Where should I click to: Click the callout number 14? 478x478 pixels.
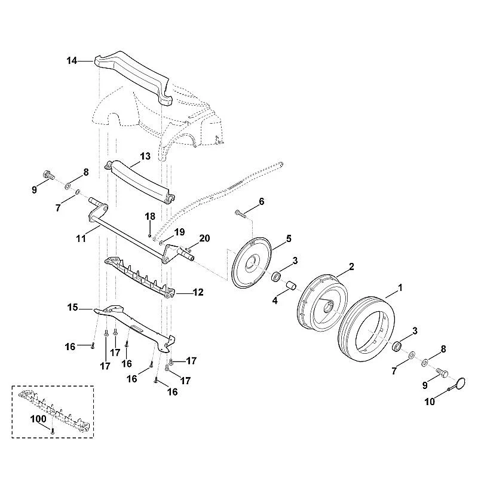[72, 61]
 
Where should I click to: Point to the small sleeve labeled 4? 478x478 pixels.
[290, 286]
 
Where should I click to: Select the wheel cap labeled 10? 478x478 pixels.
[459, 384]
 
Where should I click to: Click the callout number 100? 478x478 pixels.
[38, 419]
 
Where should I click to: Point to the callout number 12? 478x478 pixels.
[198, 292]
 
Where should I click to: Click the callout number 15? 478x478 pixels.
[72, 307]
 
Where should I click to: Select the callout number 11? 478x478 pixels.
[81, 238]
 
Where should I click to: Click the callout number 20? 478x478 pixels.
[204, 238]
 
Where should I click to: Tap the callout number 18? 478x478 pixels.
[150, 216]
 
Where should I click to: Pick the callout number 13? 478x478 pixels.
[145, 156]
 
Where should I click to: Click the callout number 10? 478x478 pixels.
[430, 402]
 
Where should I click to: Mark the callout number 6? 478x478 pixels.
[262, 201]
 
